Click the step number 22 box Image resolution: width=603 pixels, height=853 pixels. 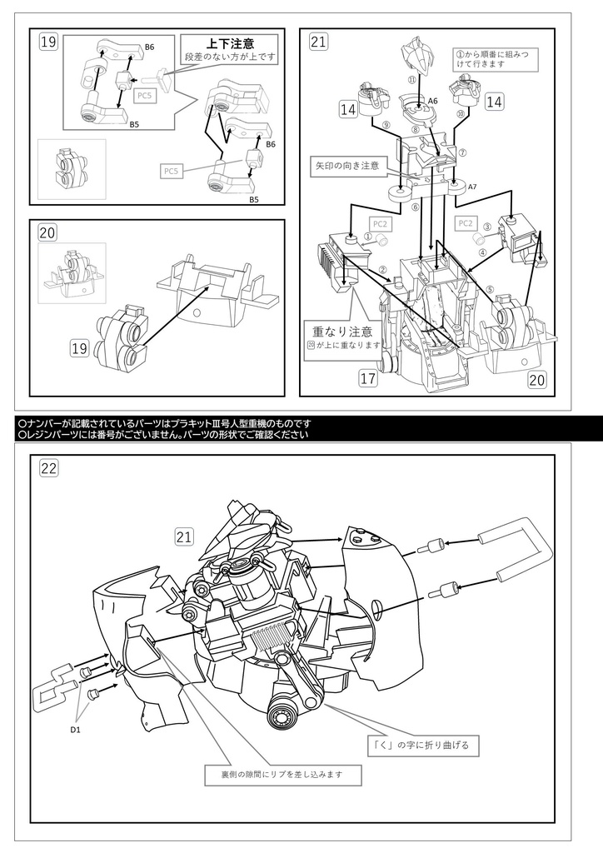pyautogui.click(x=49, y=468)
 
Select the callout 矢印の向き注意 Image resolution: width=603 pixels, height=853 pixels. pyautogui.click(x=346, y=165)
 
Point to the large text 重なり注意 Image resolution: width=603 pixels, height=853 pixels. pyautogui.click(x=338, y=331)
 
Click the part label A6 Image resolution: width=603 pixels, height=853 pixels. pyautogui.click(x=432, y=101)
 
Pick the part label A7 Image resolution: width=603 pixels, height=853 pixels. pyautogui.click(x=472, y=187)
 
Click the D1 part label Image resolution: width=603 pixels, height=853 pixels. pyautogui.click(x=76, y=731)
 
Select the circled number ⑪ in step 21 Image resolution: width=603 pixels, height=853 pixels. pyautogui.click(x=411, y=79)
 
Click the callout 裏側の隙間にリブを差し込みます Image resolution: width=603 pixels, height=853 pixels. pyautogui.click(x=285, y=774)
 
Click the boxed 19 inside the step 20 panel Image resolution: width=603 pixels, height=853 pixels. pyautogui.click(x=81, y=345)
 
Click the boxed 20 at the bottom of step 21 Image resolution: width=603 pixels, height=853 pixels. pyautogui.click(x=536, y=380)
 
